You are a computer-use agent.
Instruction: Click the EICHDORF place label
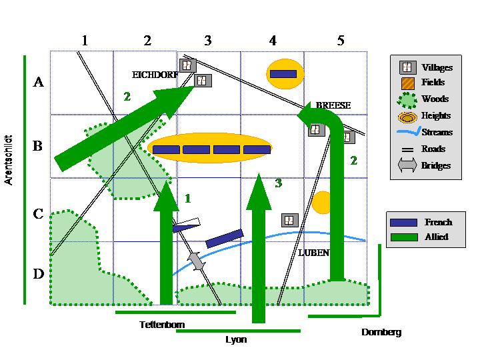155,75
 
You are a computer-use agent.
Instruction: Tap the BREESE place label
333,105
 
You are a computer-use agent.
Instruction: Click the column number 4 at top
273,41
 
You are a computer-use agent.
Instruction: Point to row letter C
39,214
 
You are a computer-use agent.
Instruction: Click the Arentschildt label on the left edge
9,159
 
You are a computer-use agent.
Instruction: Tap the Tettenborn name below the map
162,325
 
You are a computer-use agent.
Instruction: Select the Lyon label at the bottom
236,339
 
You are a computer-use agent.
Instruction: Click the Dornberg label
381,332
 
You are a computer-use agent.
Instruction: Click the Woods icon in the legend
406,99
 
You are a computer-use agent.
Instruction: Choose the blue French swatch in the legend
403,222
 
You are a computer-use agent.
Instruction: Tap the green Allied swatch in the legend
403,237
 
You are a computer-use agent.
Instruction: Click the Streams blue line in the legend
406,133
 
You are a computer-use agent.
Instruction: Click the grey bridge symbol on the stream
196,261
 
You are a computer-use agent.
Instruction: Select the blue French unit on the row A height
283,73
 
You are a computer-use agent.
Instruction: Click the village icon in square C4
289,219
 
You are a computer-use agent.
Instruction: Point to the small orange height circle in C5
322,203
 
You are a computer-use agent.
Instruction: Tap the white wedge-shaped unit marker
187,225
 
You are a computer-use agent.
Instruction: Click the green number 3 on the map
278,182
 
